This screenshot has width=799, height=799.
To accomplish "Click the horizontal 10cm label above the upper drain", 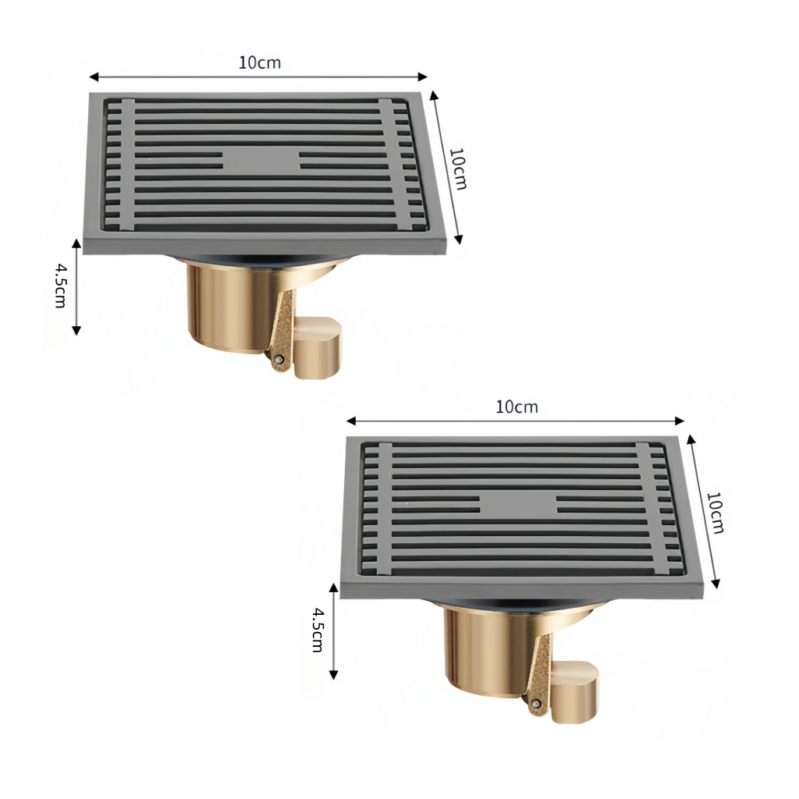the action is tap(260, 62).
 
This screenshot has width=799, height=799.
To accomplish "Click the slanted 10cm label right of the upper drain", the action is tap(458, 169).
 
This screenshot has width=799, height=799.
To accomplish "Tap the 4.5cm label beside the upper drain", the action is tap(61, 286).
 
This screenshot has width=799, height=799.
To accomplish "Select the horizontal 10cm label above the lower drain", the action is tap(517, 407).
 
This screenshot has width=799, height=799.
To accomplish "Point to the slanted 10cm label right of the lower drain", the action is tap(715, 513).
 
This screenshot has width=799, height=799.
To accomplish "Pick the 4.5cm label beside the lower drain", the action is tap(318, 630).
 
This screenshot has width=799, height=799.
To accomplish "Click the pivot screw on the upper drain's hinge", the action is tap(279, 359).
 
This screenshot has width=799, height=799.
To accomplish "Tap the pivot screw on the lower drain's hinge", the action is tap(535, 704).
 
